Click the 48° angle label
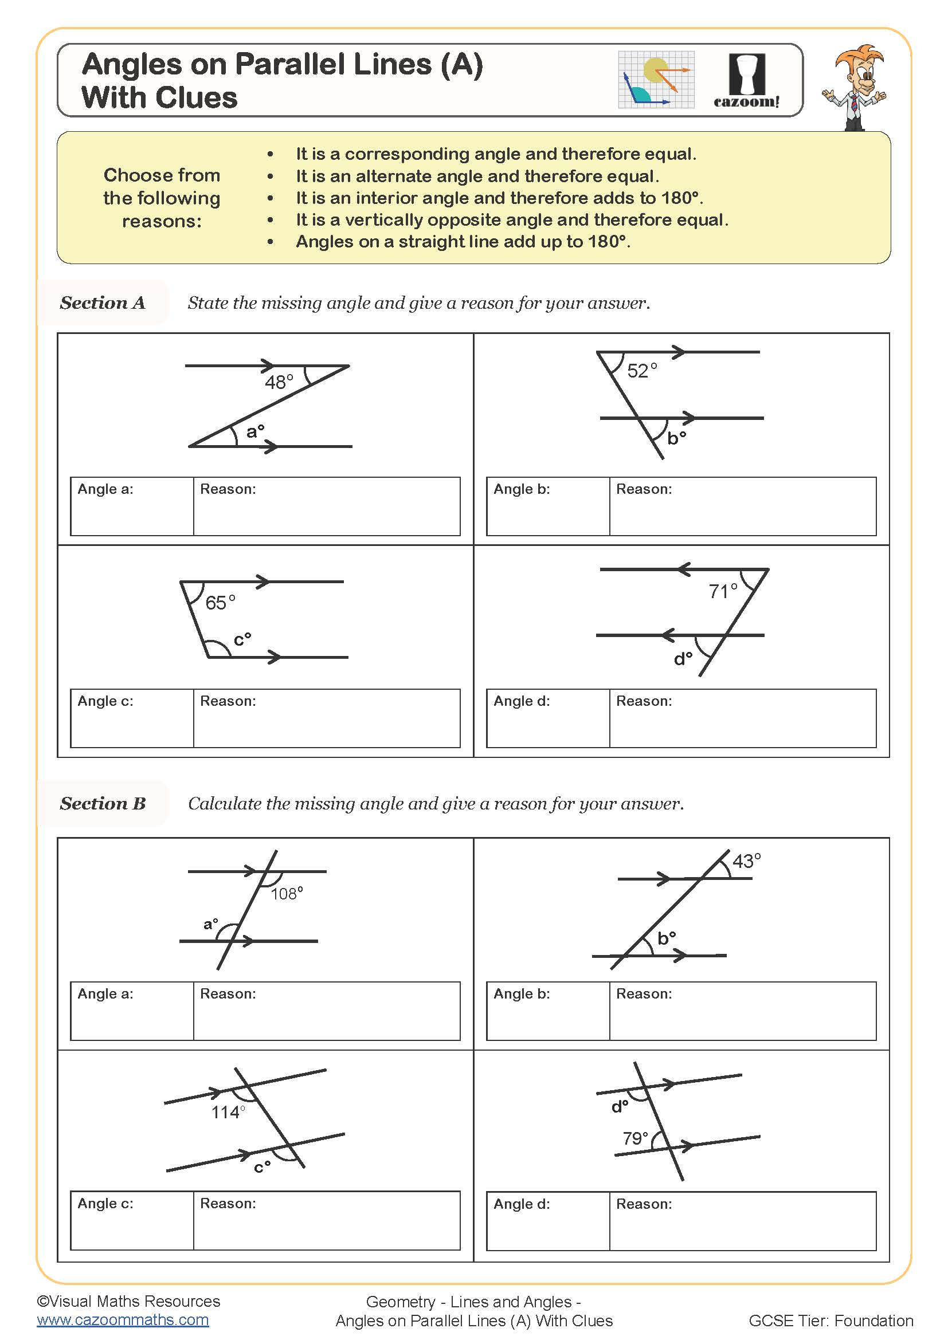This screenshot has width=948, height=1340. click(279, 382)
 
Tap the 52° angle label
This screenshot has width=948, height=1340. click(641, 371)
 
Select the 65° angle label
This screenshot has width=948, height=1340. click(220, 602)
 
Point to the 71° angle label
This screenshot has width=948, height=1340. click(723, 591)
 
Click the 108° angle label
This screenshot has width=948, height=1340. click(287, 894)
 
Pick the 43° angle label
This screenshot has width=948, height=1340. click(747, 861)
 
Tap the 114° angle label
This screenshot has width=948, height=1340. click(228, 1113)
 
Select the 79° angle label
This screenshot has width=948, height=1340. click(635, 1138)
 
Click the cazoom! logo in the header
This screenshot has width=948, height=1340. click(746, 81)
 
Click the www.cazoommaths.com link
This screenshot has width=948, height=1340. click(123, 1320)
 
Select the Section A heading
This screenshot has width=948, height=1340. click(102, 302)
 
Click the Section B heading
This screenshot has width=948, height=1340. click(102, 803)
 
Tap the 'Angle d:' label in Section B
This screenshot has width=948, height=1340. click(521, 1204)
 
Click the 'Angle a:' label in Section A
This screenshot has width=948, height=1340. click(105, 489)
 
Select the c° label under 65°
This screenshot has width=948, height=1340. click(242, 640)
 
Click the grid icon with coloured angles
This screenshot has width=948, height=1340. click(656, 80)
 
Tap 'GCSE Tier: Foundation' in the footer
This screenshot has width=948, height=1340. click(831, 1321)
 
